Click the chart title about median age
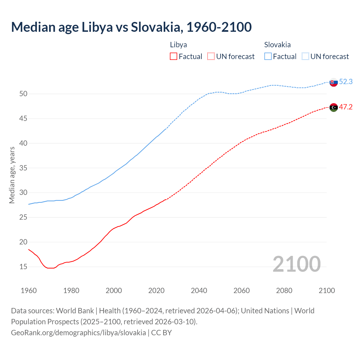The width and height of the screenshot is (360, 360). (x=131, y=27)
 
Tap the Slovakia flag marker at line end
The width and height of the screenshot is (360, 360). (x=334, y=82)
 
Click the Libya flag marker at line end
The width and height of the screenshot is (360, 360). (x=334, y=107)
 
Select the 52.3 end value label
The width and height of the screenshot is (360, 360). (x=346, y=82)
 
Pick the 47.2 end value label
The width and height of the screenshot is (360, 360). (x=346, y=107)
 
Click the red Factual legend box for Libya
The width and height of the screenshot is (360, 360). (x=174, y=57)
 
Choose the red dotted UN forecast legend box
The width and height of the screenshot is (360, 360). (x=211, y=57)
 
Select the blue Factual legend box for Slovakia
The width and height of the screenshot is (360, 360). (x=268, y=57)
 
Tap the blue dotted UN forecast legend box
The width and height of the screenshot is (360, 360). (x=305, y=57)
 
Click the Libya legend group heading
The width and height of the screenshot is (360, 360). (x=178, y=45)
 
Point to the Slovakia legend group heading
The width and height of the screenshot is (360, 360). (x=277, y=45)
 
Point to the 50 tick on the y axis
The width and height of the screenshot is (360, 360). (x=23, y=94)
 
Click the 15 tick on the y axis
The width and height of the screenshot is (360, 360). (x=23, y=267)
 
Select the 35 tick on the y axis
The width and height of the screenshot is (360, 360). (x=23, y=168)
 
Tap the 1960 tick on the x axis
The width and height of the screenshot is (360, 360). (x=29, y=291)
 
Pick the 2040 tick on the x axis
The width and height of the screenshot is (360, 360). (x=199, y=291)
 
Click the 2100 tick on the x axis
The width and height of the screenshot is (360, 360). (x=327, y=291)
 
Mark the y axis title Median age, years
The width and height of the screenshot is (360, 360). (x=12, y=175)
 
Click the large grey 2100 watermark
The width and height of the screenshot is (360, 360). (x=296, y=264)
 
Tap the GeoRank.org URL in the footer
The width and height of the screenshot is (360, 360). (x=78, y=333)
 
